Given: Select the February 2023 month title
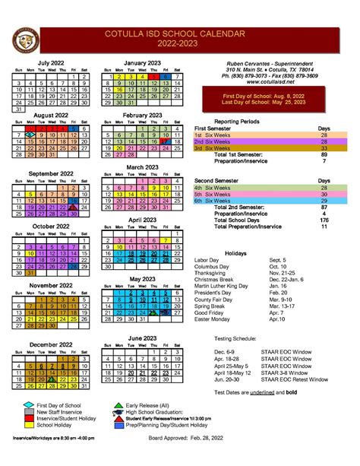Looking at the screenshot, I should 143,115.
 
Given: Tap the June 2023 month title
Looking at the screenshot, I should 143,337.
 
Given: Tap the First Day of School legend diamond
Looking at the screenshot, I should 28,405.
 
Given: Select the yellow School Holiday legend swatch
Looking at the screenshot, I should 28,426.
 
